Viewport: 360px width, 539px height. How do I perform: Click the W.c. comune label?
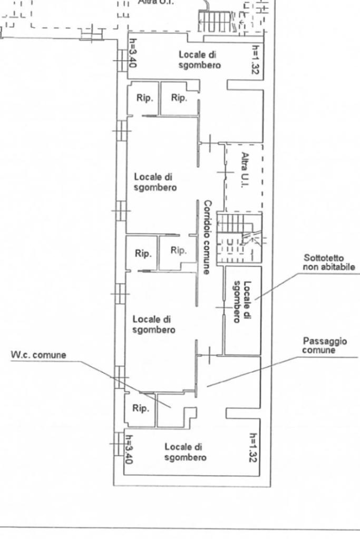point(39,355)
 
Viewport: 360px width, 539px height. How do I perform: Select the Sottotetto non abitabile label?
point(329,262)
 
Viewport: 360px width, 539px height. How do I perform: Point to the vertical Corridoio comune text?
point(207,237)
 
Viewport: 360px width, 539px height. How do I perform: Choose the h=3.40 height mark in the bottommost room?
point(128,449)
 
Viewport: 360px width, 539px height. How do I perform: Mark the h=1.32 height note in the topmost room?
point(255,59)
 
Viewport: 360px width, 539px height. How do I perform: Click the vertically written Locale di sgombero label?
point(242,302)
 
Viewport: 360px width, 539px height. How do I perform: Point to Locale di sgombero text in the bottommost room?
point(185,452)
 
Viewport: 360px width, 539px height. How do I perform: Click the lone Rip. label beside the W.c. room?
point(140,408)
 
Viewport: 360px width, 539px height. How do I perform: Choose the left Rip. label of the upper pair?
point(144,98)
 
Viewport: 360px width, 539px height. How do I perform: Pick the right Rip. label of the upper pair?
point(179,98)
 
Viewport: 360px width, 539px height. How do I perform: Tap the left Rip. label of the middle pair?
point(142,253)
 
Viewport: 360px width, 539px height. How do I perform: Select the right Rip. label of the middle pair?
point(178,250)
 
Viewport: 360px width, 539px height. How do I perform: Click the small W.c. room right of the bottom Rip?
point(174,411)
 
